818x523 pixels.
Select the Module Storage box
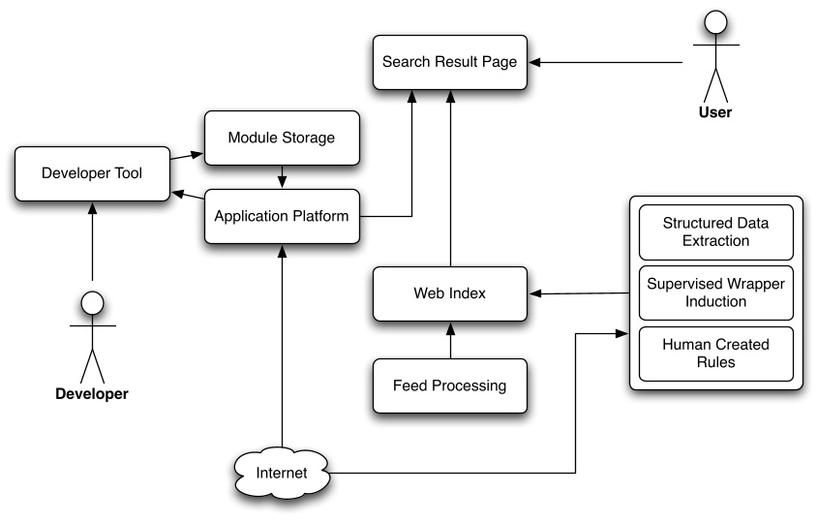click(281, 138)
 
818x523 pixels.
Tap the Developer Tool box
click(92, 174)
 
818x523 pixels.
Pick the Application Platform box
click(281, 216)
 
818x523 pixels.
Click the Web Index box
click(450, 293)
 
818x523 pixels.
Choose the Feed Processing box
click(450, 385)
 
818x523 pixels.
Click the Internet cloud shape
click(282, 474)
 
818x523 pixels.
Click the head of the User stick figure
click(714, 23)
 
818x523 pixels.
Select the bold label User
click(714, 112)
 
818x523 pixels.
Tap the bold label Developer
click(92, 394)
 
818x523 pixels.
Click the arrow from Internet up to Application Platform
click(282, 349)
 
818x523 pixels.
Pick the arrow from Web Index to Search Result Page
click(450, 174)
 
